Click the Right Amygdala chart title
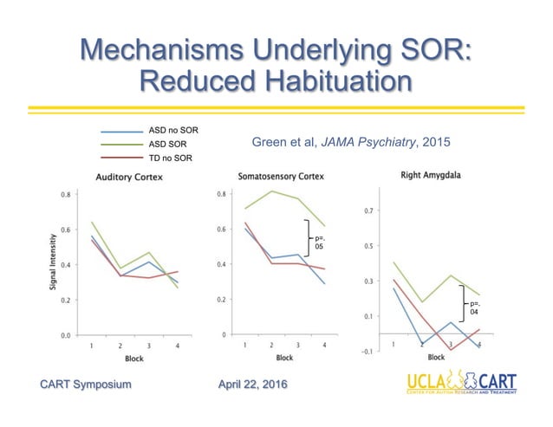430,175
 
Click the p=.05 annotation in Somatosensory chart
318,243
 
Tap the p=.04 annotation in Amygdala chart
474,307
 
